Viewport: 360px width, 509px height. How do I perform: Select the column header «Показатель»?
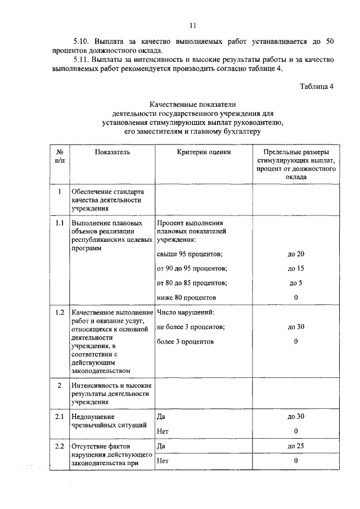coord(112,152)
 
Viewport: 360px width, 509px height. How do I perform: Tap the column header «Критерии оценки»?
coord(204,152)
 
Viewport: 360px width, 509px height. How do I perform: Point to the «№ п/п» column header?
coord(60,156)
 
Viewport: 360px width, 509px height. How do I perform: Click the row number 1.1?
coord(60,223)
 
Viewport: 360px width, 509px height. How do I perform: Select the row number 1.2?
coord(60,312)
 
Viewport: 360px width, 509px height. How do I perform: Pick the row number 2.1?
coord(60,416)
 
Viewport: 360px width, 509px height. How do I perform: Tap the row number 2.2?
coord(60,446)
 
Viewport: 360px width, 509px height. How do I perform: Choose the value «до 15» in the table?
coord(296,268)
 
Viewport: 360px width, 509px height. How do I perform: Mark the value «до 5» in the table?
coord(296,283)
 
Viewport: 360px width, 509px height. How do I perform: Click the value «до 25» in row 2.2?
coord(296,446)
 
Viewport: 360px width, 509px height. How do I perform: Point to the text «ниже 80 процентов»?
coord(187,298)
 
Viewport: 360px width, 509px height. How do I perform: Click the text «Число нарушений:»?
coord(186,312)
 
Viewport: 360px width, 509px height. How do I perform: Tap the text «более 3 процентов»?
coord(186,341)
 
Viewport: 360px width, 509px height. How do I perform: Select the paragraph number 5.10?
coord(83,42)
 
